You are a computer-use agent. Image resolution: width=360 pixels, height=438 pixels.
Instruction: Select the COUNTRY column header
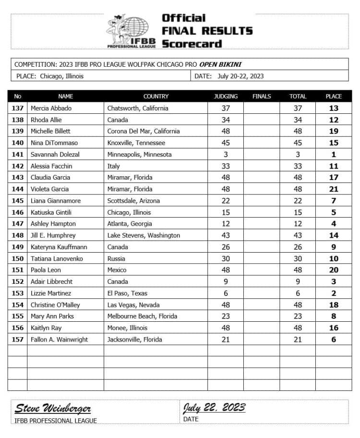[x=156, y=97]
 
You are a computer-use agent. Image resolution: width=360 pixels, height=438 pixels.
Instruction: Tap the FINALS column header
[x=262, y=97]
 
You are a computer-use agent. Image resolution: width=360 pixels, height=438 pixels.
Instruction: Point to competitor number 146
[x=18, y=212]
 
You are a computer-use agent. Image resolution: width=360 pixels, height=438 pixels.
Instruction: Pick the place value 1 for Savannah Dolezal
[x=334, y=155]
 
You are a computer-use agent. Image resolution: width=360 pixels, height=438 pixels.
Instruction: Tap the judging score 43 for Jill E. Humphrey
[x=226, y=235]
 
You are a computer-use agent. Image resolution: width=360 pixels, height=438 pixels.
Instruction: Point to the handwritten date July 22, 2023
[x=214, y=408]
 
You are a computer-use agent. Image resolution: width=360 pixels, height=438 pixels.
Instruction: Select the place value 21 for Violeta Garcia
[x=334, y=189]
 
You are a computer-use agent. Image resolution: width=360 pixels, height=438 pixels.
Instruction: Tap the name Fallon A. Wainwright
[x=60, y=340]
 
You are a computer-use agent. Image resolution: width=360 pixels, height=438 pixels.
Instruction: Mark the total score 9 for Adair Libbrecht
[x=298, y=281]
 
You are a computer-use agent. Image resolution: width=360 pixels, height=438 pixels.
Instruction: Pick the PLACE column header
[x=334, y=97]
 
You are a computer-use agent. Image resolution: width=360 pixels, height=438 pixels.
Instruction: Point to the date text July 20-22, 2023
[x=240, y=76]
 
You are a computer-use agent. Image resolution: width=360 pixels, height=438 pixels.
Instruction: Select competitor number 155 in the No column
[x=18, y=316]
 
